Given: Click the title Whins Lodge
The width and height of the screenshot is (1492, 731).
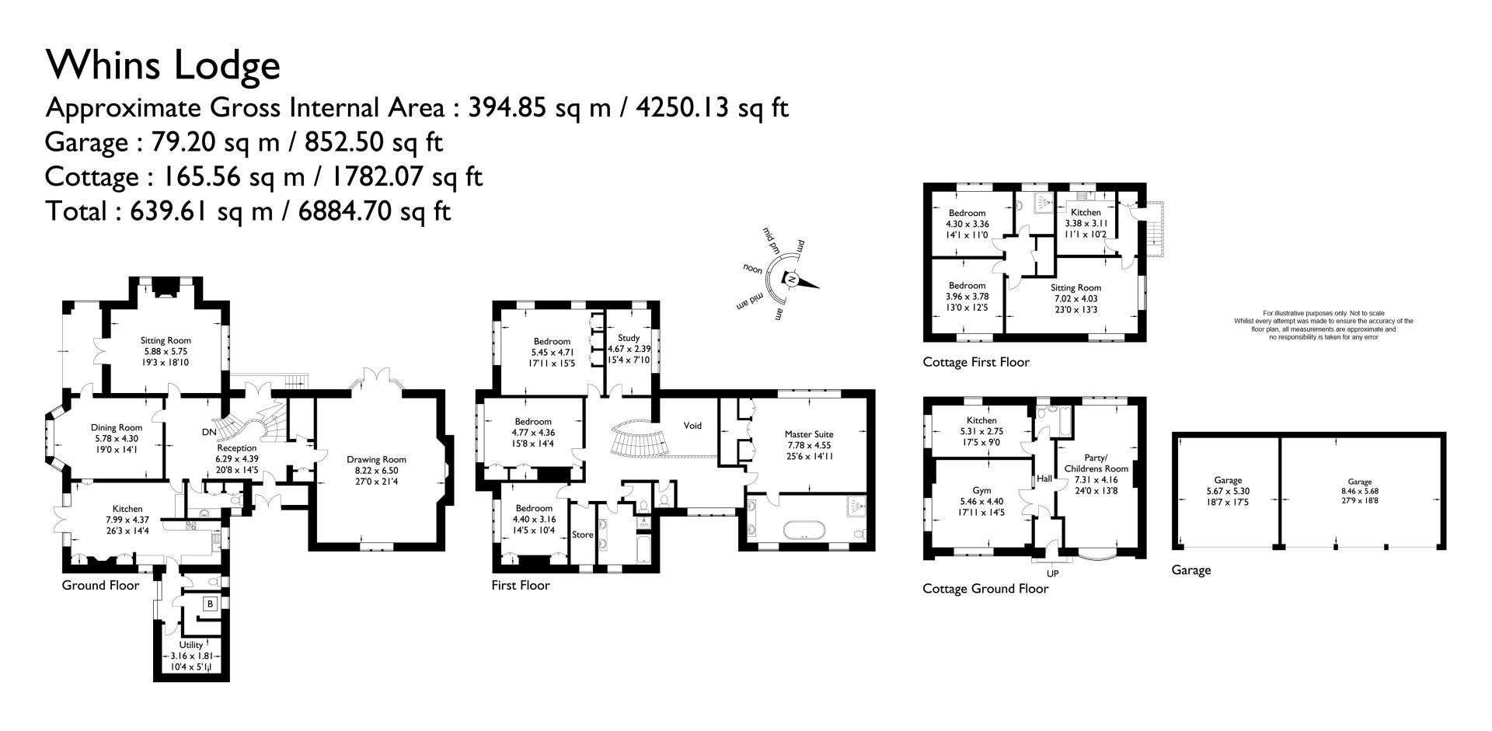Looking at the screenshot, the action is (x=163, y=65).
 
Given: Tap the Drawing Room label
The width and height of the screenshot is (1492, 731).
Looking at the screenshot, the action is (x=376, y=459).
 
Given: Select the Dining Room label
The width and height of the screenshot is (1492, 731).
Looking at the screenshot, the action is (x=117, y=427).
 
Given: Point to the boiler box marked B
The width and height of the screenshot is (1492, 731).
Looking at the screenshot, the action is (x=209, y=604).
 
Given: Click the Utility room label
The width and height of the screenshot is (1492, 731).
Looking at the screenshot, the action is (x=191, y=645).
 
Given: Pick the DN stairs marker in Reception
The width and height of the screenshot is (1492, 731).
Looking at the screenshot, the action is (x=209, y=432).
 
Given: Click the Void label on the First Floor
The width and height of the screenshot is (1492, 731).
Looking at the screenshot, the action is (x=692, y=426).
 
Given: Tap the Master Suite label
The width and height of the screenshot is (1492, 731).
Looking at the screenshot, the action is (x=809, y=434).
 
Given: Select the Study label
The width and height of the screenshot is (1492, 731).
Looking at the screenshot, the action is (x=629, y=338).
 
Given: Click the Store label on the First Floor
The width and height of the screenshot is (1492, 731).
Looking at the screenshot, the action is (x=583, y=534).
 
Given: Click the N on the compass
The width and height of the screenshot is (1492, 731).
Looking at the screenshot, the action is (x=791, y=279).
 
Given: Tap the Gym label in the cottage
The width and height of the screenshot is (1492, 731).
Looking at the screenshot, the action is (x=982, y=490).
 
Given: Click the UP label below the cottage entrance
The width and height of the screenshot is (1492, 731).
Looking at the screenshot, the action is (x=1053, y=573).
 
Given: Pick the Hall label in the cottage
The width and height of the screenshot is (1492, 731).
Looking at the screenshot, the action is (x=1044, y=479).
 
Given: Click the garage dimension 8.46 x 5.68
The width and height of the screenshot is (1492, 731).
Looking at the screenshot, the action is (x=1360, y=491).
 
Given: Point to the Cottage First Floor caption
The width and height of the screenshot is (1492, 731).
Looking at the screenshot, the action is (x=976, y=362).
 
